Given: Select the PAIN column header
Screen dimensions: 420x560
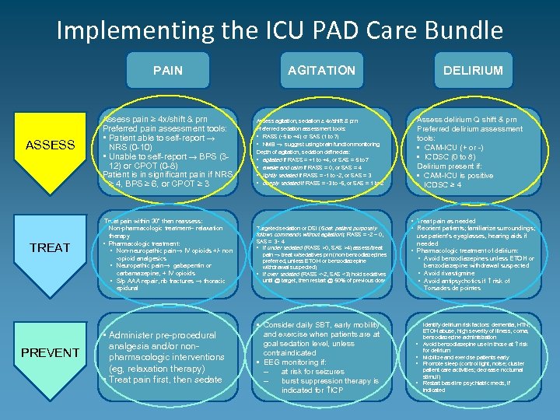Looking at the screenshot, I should click(168, 70).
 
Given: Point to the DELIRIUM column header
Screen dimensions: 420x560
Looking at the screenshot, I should click(473, 70).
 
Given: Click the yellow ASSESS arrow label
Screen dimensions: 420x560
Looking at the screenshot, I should click(51, 144).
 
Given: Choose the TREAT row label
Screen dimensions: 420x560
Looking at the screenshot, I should click(51, 247).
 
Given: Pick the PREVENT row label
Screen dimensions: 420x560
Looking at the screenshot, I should click(51, 352).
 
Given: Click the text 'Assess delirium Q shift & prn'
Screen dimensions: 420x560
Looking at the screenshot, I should click(467, 119).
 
